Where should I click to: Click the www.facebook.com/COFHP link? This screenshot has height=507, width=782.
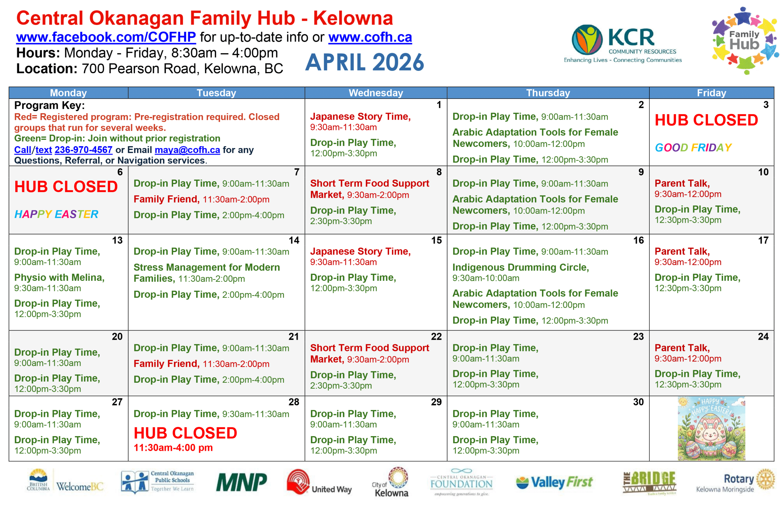[x=106, y=37]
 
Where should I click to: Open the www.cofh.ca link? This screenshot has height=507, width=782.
[x=370, y=38]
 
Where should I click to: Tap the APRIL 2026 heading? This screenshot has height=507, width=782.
[x=364, y=62]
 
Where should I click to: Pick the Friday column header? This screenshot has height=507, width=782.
[x=711, y=93]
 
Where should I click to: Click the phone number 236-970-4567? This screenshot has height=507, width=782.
[x=83, y=150]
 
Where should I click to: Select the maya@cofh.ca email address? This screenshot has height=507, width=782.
[x=187, y=150]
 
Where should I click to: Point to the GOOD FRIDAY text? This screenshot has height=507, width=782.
[x=693, y=148]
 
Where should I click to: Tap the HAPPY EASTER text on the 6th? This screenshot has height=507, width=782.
[x=56, y=214]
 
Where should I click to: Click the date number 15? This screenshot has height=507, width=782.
[x=436, y=240]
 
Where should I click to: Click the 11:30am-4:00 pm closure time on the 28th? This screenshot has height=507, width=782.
[x=173, y=447]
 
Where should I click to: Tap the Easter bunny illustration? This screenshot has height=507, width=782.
[x=711, y=429]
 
